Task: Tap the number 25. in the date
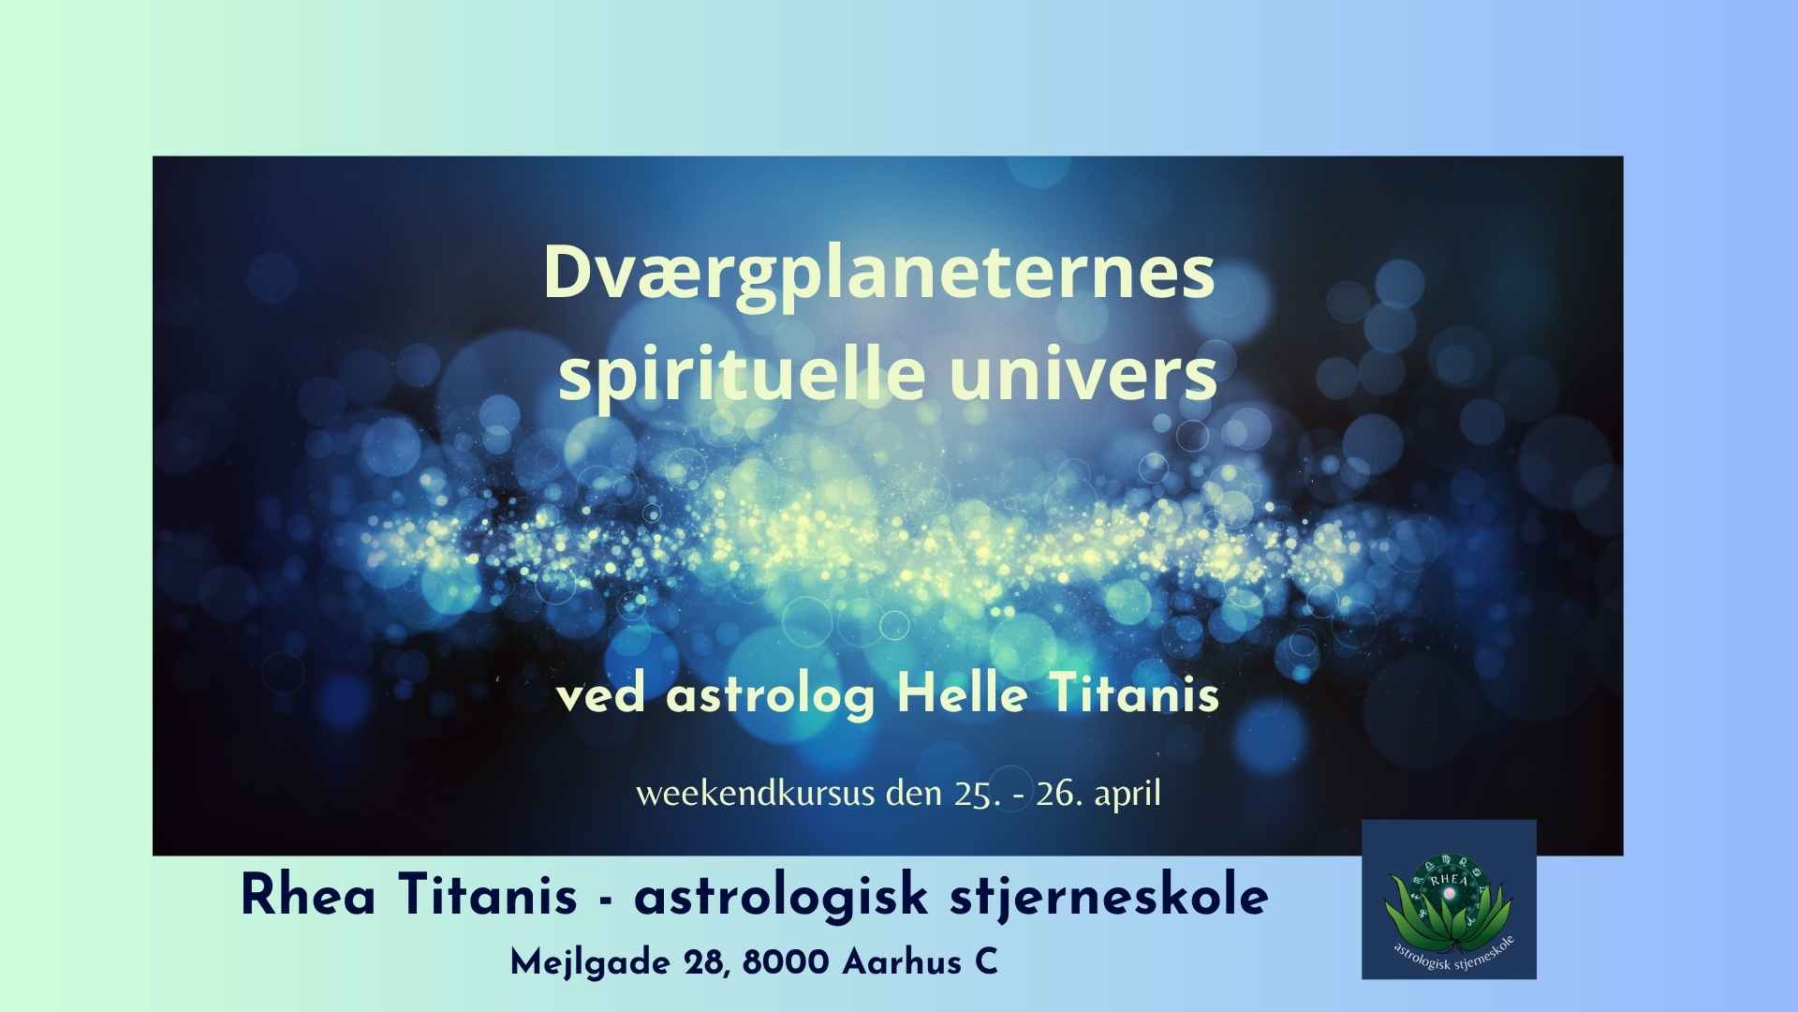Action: pos(977,794)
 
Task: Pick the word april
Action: pos(1127,796)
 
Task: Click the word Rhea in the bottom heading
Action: pos(308,896)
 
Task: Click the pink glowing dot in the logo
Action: pos(1451,897)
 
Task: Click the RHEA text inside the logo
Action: pos(1449,879)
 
